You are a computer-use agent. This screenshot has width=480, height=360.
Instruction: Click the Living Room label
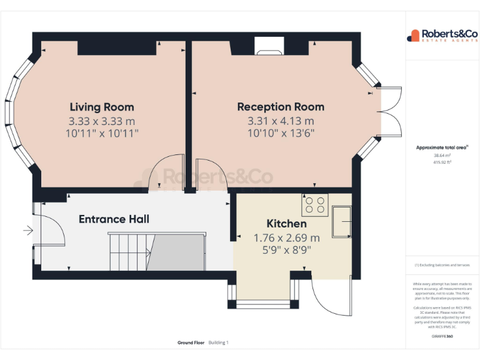click(101, 107)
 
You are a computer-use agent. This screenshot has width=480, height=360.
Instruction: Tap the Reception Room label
click(281, 107)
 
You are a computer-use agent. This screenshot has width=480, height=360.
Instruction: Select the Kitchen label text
click(286, 224)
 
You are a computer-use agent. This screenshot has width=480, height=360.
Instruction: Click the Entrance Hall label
click(114, 219)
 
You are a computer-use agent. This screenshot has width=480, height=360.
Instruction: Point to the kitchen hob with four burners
click(315, 205)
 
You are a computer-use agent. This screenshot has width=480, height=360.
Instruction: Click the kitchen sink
click(342, 221)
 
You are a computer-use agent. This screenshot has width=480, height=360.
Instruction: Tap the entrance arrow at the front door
click(27, 231)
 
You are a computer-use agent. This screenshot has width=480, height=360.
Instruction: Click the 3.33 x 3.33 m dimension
click(101, 121)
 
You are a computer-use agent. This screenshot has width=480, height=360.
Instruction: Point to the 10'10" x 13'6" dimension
click(281, 132)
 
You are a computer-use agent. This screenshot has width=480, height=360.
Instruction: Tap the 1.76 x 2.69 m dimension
click(286, 237)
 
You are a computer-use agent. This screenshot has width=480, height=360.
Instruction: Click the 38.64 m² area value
click(442, 156)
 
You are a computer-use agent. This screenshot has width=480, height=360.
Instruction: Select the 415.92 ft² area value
click(442, 162)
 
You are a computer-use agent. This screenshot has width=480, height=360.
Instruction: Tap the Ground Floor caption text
click(191, 342)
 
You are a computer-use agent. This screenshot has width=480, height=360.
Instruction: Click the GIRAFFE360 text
click(442, 336)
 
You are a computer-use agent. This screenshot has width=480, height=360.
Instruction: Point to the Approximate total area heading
click(442, 147)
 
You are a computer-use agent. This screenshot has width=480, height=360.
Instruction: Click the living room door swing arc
click(164, 173)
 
